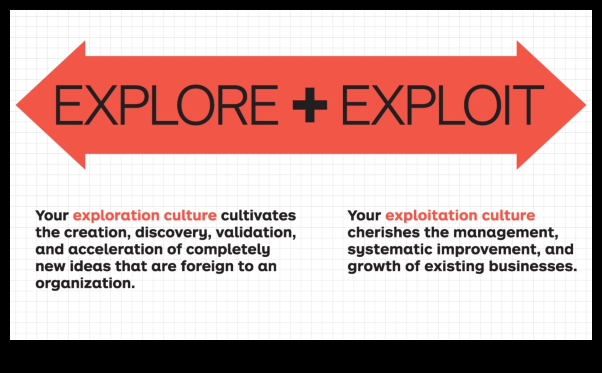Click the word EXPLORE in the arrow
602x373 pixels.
pyautogui.click(x=166, y=105)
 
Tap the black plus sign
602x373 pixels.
pyautogui.click(x=310, y=105)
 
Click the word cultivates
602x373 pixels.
pyautogui.click(x=259, y=215)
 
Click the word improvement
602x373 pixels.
pyautogui.click(x=481, y=250)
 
